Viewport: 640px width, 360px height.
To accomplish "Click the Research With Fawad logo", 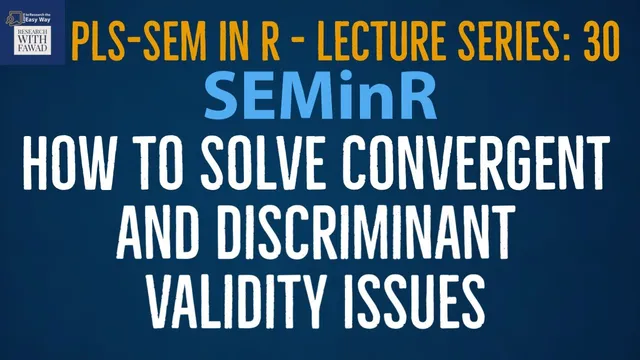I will pyautogui.click(x=33, y=32).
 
